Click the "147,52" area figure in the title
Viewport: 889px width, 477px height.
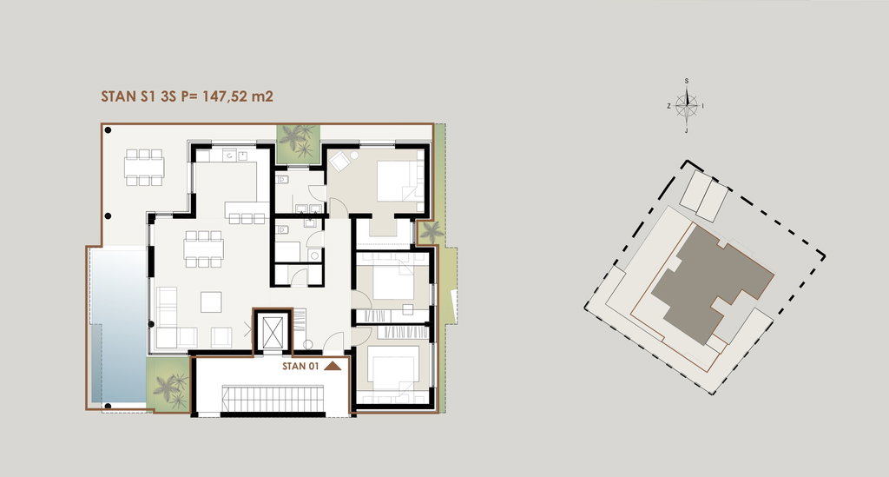[225, 96]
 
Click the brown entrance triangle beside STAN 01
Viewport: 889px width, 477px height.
[333, 366]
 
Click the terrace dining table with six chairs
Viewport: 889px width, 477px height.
[145, 168]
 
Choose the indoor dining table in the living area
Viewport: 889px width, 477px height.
[203, 249]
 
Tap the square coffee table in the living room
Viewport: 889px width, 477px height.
[211, 301]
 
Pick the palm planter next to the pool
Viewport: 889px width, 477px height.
[168, 383]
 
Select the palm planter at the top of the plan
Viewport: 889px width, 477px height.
[298, 142]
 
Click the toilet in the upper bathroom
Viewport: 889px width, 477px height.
[282, 180]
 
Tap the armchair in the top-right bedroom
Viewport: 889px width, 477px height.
[340, 162]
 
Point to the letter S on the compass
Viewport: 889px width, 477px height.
[687, 81]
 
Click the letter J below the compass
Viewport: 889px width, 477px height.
[687, 131]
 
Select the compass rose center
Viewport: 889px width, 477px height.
[687, 105]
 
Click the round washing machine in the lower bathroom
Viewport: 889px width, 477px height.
[314, 255]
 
